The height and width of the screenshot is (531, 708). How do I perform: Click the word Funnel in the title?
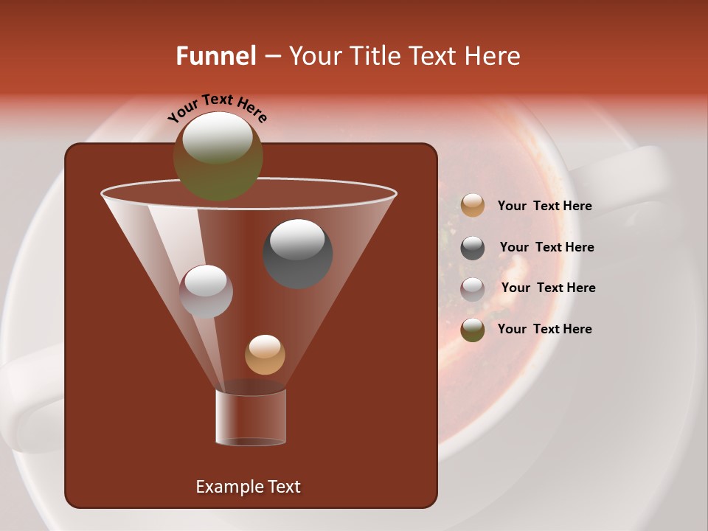216,56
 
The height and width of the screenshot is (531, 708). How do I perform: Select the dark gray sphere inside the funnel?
298,254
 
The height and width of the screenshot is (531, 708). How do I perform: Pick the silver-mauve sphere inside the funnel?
206,292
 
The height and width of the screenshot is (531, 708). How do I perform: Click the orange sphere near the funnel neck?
265,355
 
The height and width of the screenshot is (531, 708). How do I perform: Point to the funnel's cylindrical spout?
251,417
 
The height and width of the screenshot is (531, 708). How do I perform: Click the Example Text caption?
249,487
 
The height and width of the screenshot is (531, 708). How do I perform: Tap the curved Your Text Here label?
217,108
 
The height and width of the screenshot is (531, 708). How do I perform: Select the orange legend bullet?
473,206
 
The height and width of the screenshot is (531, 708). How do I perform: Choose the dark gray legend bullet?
473,248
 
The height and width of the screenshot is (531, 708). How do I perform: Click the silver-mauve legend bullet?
473,289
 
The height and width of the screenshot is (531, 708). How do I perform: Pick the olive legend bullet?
473,330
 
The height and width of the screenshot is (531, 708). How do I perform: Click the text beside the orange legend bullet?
544,206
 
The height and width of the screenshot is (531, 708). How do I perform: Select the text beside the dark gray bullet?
546,248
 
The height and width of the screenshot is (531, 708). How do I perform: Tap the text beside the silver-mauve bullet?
548,288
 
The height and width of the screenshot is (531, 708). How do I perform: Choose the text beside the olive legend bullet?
544,329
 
